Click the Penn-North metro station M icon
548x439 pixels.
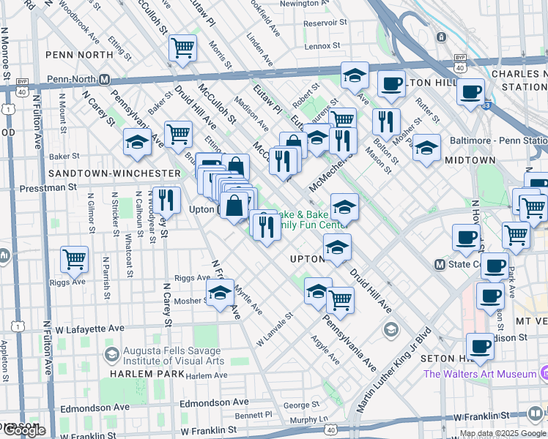pyautogui.click(x=105, y=79)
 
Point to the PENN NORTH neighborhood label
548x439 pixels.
pyautogui.click(x=79, y=54)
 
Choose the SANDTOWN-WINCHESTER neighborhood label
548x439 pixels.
pyautogui.click(x=114, y=173)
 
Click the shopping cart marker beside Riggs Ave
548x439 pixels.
pyautogui.click(x=75, y=258)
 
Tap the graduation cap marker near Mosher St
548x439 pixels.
pyautogui.click(x=220, y=293)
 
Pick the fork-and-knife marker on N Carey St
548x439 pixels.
pyautogui.click(x=167, y=199)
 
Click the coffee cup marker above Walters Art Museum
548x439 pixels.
pyautogui.click(x=481, y=346)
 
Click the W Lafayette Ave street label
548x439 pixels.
pyautogui.click(x=91, y=329)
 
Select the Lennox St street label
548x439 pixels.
pyautogui.click(x=319, y=45)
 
